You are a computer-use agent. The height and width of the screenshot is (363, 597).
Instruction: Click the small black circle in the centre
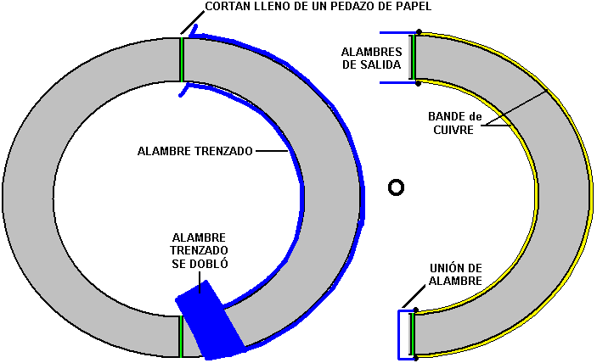(x=396, y=187)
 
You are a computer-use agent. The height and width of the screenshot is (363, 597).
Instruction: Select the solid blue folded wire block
(x=210, y=320)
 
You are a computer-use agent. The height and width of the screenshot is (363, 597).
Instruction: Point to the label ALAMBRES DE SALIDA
(x=372, y=59)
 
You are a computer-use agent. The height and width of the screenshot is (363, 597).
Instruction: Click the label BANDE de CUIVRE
(x=454, y=123)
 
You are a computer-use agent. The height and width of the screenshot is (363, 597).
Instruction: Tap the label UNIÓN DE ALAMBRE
(x=456, y=275)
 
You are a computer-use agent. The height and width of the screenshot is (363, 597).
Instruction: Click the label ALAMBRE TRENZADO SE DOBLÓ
(x=199, y=250)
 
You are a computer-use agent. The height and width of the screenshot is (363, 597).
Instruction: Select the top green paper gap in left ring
(x=182, y=59)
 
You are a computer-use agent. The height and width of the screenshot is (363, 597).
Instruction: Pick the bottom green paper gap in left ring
(x=181, y=337)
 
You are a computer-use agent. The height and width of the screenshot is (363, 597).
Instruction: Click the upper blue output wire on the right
(x=398, y=33)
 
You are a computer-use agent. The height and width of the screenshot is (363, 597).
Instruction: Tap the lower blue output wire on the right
(x=398, y=82)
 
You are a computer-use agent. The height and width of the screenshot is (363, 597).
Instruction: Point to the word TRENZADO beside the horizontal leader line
(x=223, y=151)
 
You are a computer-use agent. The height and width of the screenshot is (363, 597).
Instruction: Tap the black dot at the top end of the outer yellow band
(x=419, y=32)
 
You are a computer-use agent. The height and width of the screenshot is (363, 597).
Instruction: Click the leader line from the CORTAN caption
(x=192, y=23)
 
